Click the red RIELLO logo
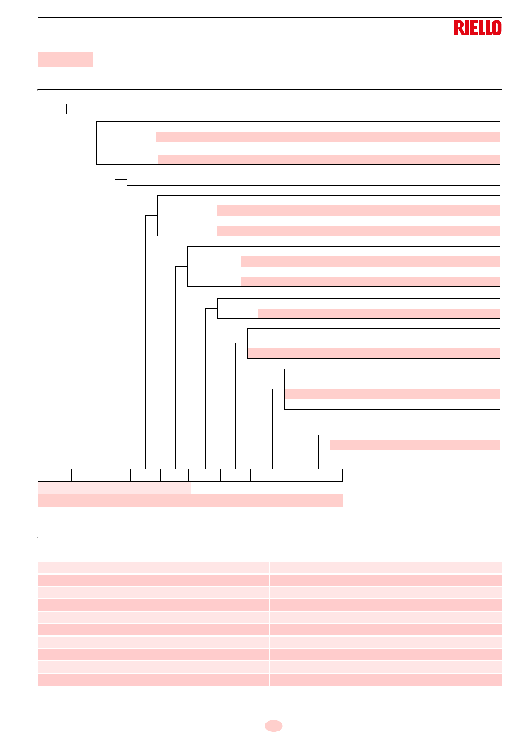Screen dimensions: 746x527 pos(477,28)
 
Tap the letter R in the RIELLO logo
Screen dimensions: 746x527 pos(458,28)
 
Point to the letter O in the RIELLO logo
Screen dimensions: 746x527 pos(496,28)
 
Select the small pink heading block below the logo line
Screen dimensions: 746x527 pos(65,59)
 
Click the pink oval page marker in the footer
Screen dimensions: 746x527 pos(273,725)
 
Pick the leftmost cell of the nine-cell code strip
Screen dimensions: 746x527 pos(54,475)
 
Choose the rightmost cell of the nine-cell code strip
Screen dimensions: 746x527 pos(318,475)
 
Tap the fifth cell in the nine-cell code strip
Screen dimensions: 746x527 pos(174,475)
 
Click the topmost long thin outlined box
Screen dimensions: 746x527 pos(283,109)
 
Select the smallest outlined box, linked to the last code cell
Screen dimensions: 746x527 pos(415,435)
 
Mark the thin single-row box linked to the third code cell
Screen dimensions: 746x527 pos(313,180)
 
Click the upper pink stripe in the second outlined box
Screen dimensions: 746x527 pos(328,137)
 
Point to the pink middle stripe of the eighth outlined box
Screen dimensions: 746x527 pos(392,394)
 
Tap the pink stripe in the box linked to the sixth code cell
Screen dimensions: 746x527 pos(379,313)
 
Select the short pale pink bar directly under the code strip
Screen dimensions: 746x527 pos(114,488)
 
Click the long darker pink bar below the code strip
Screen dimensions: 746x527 pos(190,500)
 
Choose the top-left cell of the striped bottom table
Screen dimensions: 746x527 pos(153,568)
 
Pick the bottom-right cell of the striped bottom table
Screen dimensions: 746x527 pos(386,680)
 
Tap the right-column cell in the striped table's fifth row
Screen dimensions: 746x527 pos(386,617)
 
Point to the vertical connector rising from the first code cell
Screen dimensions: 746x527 pos(55,288)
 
